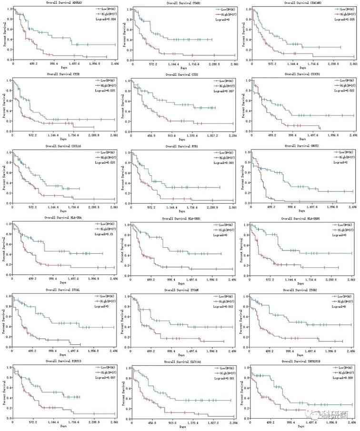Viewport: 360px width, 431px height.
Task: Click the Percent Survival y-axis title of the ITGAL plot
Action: click(x=4, y=321)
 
